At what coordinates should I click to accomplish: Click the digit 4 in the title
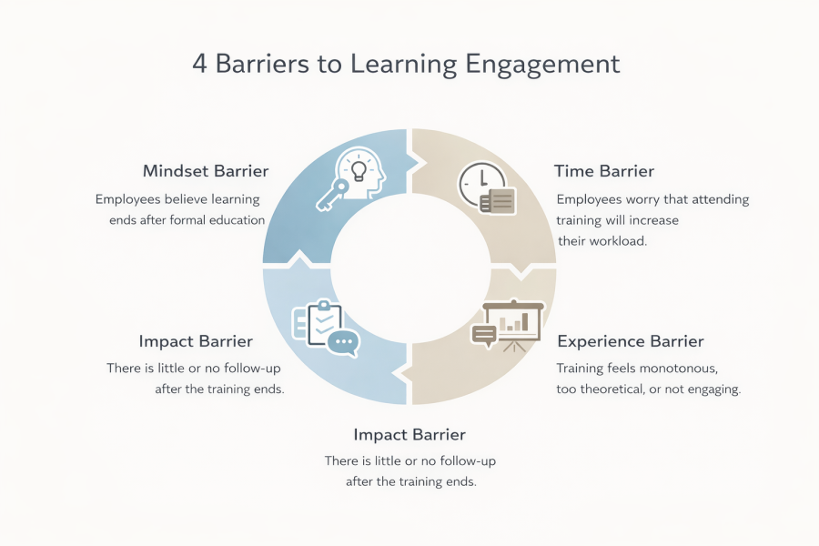pos(199,65)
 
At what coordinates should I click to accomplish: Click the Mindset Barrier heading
pos(206,171)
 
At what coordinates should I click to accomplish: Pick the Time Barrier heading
pos(604,171)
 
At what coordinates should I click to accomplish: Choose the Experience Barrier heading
pos(631,341)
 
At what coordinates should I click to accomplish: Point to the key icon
pos(332,196)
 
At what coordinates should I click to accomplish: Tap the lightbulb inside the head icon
pos(359,171)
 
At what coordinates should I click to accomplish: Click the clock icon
pos(481,184)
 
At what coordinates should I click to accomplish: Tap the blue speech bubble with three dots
pos(344,343)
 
